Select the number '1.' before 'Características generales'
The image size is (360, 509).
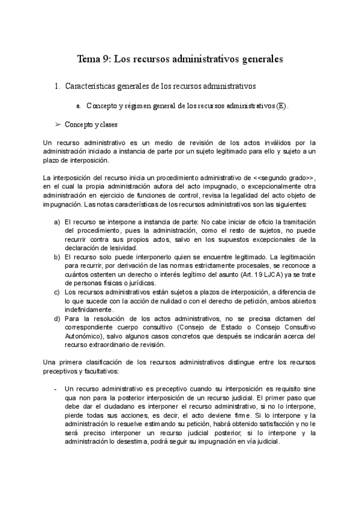click(57, 86)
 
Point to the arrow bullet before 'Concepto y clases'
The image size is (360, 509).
click(58, 124)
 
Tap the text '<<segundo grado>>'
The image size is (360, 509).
click(283, 178)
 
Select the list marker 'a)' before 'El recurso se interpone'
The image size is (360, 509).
click(57, 221)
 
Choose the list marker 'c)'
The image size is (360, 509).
click(57, 292)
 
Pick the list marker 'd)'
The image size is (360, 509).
click(57, 318)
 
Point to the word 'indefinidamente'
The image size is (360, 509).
click(88, 309)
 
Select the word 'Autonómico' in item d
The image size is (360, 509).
click(84, 336)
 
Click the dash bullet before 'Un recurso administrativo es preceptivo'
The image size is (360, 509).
click(56, 388)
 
